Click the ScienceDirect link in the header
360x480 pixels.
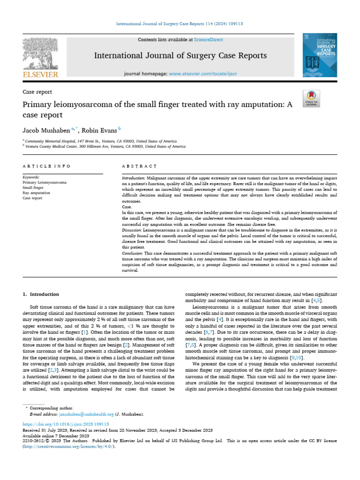click(x=210, y=40)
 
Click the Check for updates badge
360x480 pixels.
click(x=311, y=97)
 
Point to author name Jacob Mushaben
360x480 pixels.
click(x=45, y=130)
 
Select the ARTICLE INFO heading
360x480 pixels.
click(x=46, y=166)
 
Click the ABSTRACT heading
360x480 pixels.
click(x=139, y=166)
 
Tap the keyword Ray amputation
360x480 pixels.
click(x=36, y=193)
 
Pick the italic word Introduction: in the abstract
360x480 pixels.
click(x=134, y=179)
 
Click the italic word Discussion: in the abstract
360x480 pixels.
click(x=132, y=231)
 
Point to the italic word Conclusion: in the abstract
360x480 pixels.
click(x=133, y=253)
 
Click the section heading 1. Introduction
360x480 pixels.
click(x=41, y=294)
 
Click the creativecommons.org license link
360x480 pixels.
click(x=68, y=446)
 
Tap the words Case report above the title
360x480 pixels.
click(x=37, y=92)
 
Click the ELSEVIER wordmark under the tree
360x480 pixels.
click(x=41, y=75)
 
